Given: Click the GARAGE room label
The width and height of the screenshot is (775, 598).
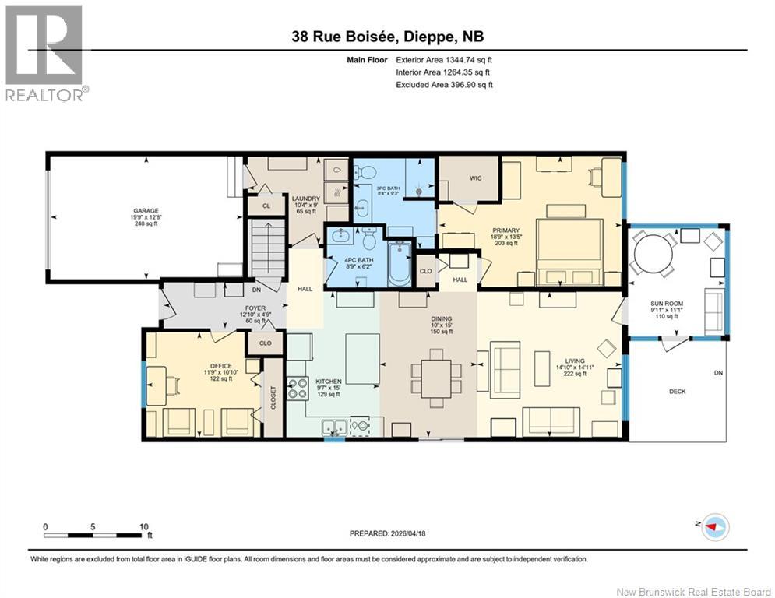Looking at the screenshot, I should pos(145,211).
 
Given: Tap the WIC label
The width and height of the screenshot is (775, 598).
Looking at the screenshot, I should pos(475,178).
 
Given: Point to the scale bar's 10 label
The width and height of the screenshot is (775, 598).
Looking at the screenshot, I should pos(143,527).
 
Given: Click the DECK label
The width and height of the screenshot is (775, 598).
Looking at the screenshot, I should pos(677,391).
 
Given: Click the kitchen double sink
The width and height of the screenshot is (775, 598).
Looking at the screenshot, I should pos(336,426).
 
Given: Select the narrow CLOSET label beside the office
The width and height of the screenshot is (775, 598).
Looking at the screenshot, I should pos(273,398).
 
